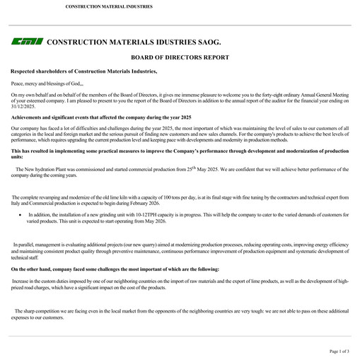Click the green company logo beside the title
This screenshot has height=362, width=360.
click(x=27, y=42)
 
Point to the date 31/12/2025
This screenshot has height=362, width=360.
click(x=23, y=106)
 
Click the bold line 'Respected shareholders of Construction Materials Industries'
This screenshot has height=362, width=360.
click(x=84, y=71)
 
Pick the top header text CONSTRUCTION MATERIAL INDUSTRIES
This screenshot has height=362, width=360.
click(x=108, y=6)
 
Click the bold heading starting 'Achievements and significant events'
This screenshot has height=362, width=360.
click(x=101, y=117)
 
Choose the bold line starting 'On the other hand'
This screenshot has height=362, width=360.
click(x=115, y=269)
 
